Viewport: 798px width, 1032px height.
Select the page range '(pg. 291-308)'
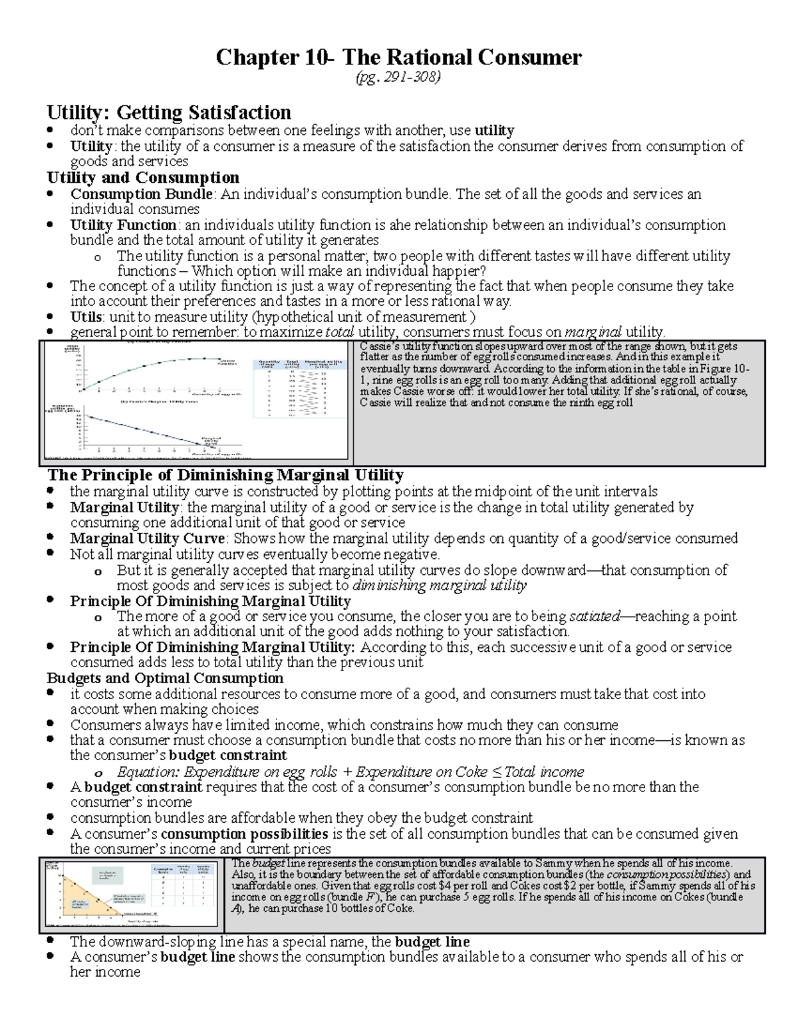399,78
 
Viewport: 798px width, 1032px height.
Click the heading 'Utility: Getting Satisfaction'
168,112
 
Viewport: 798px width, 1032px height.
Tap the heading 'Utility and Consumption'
143,177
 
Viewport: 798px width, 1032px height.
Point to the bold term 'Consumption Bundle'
142,194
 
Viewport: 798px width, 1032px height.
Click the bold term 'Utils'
86,317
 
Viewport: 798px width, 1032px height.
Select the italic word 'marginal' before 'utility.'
593,332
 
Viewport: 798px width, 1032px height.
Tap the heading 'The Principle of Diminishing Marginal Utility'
225,475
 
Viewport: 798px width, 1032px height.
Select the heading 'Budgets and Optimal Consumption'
165,678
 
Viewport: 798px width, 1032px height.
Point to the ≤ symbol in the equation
498,772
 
